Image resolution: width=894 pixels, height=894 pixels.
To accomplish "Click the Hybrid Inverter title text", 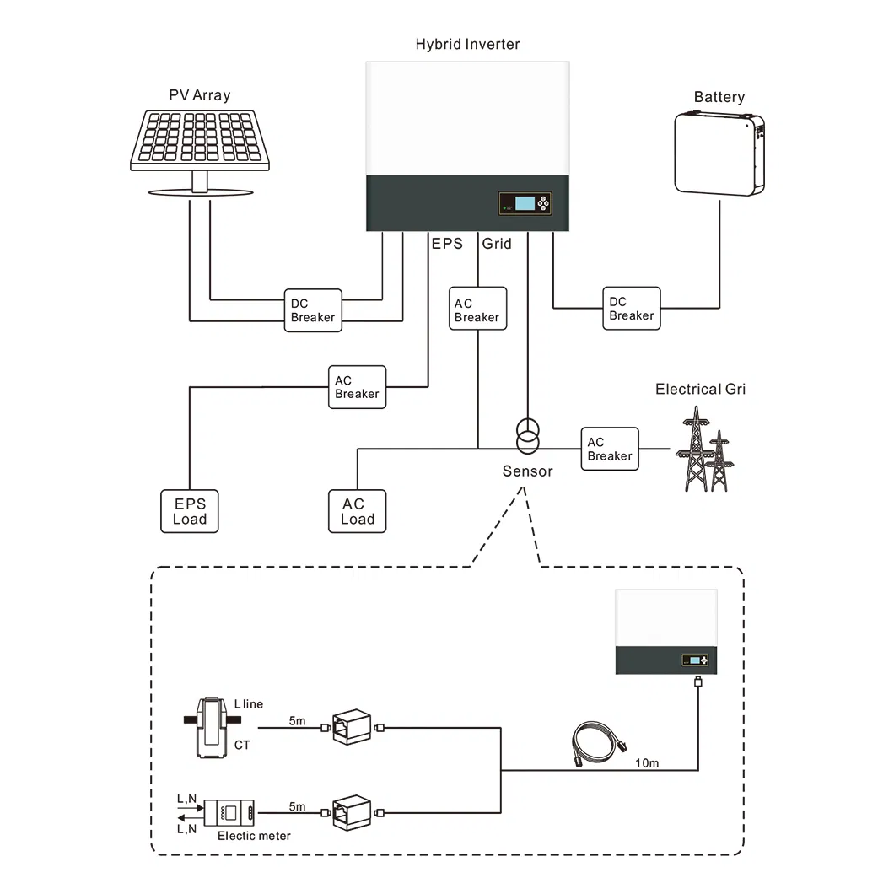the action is pyautogui.click(x=467, y=44).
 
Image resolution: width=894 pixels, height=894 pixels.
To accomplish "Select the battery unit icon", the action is pyautogui.click(x=719, y=154).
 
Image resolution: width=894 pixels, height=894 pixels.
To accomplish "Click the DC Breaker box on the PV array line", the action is pyautogui.click(x=313, y=310).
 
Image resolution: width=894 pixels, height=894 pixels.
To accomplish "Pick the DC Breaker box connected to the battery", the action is pyautogui.click(x=632, y=309).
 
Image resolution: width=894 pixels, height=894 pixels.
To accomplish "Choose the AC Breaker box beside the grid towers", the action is pyautogui.click(x=610, y=449).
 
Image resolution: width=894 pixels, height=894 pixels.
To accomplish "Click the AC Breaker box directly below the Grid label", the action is pyautogui.click(x=478, y=309).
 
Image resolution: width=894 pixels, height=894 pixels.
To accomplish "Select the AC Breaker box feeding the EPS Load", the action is pyautogui.click(x=358, y=387).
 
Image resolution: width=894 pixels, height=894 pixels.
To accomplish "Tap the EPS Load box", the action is pyautogui.click(x=190, y=511).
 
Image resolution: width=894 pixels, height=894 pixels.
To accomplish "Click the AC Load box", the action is pyautogui.click(x=358, y=511).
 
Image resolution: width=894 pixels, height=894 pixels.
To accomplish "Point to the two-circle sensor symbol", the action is pyautogui.click(x=528, y=436).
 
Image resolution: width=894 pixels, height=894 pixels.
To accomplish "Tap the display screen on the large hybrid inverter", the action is pyautogui.click(x=525, y=203).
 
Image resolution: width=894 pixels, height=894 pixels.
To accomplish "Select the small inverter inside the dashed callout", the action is pyautogui.click(x=666, y=632).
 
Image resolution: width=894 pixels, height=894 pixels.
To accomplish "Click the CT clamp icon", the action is pyautogui.click(x=212, y=728).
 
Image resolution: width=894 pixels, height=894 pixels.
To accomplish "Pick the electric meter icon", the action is pyautogui.click(x=229, y=812).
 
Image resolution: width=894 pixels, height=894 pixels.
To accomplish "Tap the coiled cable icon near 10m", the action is pyautogui.click(x=599, y=744).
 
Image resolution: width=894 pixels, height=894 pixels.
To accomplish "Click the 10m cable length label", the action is pyautogui.click(x=647, y=763).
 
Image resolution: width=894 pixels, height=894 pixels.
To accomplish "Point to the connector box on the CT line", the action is pyautogui.click(x=352, y=727).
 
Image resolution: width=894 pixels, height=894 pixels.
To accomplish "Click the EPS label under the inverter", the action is pyautogui.click(x=447, y=244).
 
